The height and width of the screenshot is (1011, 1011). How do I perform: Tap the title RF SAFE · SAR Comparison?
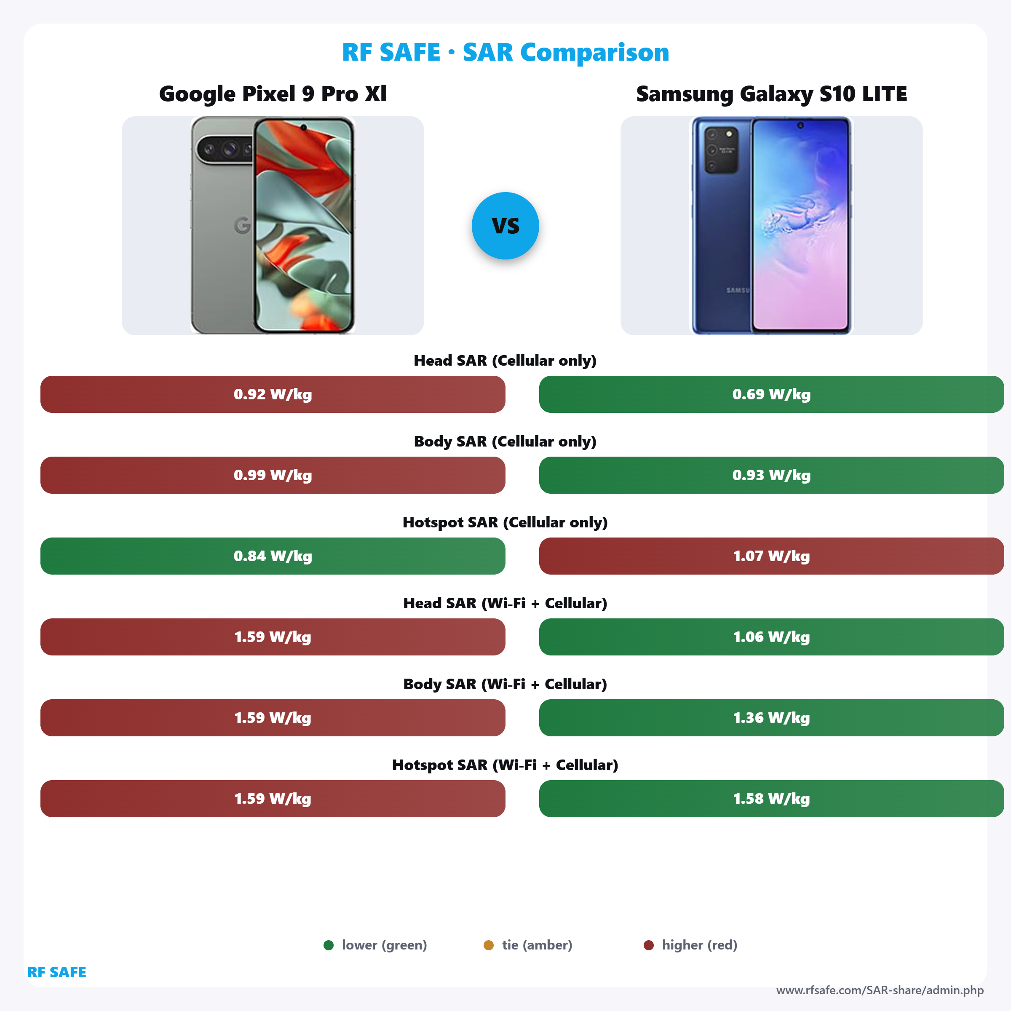[505, 52]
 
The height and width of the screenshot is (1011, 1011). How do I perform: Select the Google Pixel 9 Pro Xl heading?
[273, 94]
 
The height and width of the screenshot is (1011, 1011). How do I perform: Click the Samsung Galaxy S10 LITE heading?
[771, 94]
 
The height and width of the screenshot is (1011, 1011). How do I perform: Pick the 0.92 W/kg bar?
[273, 394]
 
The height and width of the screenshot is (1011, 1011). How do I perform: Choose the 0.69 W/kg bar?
[771, 394]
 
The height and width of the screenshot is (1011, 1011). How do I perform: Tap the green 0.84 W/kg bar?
[273, 556]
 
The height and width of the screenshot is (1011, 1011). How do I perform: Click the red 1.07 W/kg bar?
[771, 556]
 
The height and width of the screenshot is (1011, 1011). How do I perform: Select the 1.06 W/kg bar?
[771, 637]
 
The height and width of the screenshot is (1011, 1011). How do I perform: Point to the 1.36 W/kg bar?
[771, 717]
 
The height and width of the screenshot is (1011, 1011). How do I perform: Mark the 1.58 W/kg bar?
[771, 799]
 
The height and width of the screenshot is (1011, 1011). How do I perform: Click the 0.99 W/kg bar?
[273, 475]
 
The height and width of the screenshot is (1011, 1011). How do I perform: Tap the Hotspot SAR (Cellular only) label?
[505, 522]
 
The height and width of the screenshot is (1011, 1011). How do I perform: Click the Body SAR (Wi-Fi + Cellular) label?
[505, 684]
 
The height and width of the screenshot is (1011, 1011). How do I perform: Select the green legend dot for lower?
[329, 945]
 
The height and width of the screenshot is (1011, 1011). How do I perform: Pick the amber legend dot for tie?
[488, 945]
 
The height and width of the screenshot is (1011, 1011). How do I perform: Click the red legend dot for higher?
[648, 945]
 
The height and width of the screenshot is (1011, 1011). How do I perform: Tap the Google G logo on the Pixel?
[242, 225]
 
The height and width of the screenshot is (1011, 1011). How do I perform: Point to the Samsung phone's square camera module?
[721, 150]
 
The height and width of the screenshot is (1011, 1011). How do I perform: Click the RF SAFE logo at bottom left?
[56, 972]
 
